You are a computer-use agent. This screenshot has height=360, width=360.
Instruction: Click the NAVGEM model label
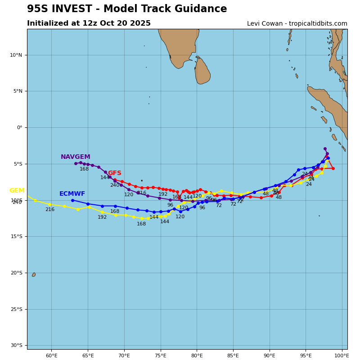(75, 157)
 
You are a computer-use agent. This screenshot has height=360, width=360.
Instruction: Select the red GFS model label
(114, 173)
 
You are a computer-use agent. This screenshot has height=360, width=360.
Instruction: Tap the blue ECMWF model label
(72, 194)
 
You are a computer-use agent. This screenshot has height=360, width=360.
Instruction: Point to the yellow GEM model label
(17, 191)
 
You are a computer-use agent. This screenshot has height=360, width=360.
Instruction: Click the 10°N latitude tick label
(16, 55)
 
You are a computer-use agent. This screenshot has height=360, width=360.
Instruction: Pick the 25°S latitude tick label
(16, 309)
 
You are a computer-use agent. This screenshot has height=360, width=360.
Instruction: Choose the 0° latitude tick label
(19, 128)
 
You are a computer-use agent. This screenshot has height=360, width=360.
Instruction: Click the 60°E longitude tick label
(51, 356)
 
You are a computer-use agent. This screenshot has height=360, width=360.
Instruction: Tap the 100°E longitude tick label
(342, 356)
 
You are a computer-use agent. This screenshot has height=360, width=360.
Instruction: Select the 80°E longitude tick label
(197, 356)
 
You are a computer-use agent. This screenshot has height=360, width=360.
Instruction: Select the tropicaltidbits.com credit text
(308, 24)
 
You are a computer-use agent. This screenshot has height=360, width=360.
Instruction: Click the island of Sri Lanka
(202, 71)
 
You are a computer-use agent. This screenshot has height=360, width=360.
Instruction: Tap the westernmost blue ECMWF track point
(72, 200)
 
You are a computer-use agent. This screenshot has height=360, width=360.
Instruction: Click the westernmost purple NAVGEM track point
(76, 163)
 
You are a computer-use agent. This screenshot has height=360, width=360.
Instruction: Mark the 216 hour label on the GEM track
(49, 210)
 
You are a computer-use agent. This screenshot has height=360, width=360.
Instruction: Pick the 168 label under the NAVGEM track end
(84, 169)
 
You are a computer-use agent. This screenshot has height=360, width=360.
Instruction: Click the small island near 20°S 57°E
(33, 274)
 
